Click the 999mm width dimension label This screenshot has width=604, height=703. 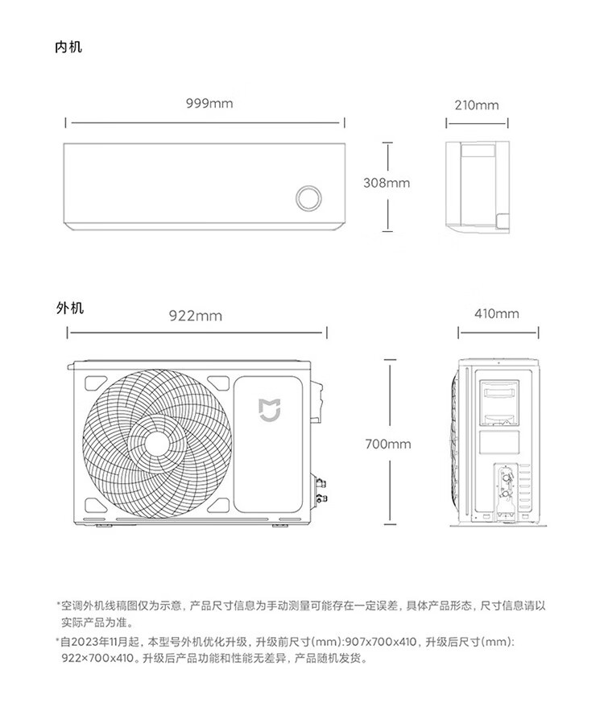pyautogui.click(x=209, y=104)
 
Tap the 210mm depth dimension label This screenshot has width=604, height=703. pyautogui.click(x=477, y=105)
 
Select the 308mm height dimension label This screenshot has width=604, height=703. pyautogui.click(x=387, y=183)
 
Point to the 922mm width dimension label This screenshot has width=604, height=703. pyautogui.click(x=196, y=316)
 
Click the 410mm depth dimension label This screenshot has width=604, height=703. pyautogui.click(x=497, y=314)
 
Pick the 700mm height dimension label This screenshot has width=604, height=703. pyautogui.click(x=388, y=445)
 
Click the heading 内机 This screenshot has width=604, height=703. pyautogui.click(x=68, y=47)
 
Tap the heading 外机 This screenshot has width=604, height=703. pyautogui.click(x=70, y=308)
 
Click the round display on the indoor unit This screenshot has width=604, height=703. pyautogui.click(x=308, y=198)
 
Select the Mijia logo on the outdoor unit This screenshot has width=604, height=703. pyautogui.click(x=269, y=410)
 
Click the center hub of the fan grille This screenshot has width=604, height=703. pyautogui.click(x=157, y=444)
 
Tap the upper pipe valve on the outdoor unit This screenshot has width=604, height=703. pyautogui.click(x=321, y=483)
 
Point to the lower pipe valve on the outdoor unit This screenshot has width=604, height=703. pyautogui.click(x=321, y=498)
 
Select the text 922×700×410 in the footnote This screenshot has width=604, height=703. pyautogui.click(x=97, y=659)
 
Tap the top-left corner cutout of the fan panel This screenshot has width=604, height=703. pyautogui.click(x=95, y=383)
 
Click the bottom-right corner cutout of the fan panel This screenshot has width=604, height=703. pyautogui.click(x=218, y=505)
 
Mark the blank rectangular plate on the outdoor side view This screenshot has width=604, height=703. pyautogui.click(x=499, y=442)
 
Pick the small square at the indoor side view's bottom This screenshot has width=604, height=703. pyautogui.click(x=503, y=220)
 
